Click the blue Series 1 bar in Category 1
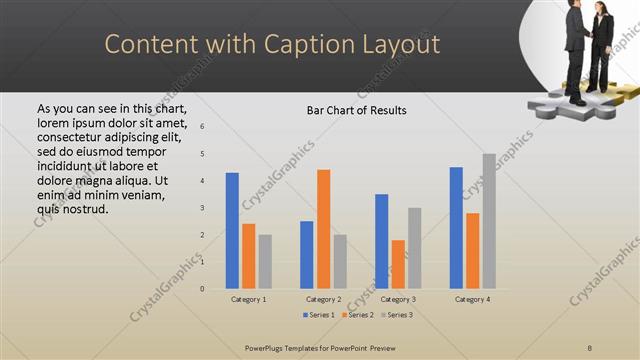(232, 230)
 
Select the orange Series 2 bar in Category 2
(323, 229)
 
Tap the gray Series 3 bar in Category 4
(489, 221)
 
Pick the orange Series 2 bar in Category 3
(398, 264)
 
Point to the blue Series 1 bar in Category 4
(456, 227)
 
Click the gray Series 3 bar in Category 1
(265, 261)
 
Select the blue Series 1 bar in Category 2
(306, 254)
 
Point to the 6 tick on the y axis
(202, 127)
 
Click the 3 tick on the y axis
(202, 208)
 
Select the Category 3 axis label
(398, 299)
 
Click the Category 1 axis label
(248, 299)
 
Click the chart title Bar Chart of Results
(356, 110)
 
